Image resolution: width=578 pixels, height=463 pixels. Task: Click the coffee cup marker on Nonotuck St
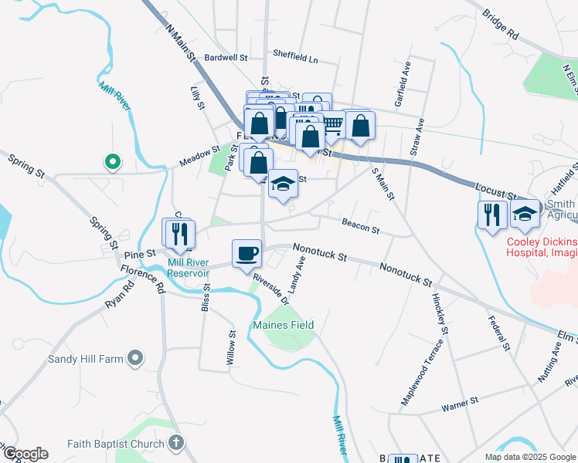[246, 253]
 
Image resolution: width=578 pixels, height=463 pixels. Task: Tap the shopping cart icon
[332, 124]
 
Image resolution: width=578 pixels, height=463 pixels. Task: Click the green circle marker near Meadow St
[112, 162]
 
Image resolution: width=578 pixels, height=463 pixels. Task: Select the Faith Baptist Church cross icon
[177, 443]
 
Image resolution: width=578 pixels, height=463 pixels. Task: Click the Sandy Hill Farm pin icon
[136, 357]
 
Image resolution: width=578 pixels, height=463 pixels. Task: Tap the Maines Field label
[284, 325]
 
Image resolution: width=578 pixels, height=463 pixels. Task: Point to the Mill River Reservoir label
[189, 267]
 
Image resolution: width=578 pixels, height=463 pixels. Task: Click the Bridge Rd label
[500, 25]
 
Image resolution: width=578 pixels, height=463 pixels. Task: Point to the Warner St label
[461, 402]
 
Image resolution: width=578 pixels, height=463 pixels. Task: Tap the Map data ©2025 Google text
[529, 457]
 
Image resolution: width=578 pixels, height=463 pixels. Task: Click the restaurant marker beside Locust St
[492, 214]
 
